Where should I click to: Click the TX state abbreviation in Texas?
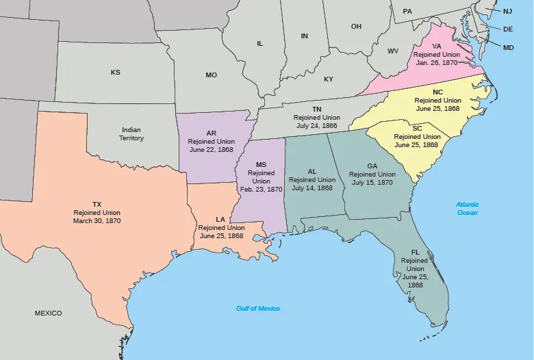[x=97, y=204]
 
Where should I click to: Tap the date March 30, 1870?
[x=97, y=221]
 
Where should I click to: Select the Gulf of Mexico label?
[x=258, y=309]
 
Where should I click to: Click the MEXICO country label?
[x=48, y=313]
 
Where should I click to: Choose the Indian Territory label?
[x=131, y=133]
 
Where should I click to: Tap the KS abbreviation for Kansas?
[x=115, y=72]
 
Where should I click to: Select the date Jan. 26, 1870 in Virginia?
[x=436, y=63]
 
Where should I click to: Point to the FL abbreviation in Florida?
[x=416, y=253]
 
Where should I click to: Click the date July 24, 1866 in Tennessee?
[x=317, y=126]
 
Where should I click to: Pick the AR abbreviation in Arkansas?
[x=212, y=133]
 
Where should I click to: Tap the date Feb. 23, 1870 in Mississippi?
[x=261, y=188]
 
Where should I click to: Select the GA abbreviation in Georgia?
[x=372, y=166]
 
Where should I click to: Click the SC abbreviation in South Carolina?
[x=417, y=128]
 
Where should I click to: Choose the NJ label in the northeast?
[x=507, y=12]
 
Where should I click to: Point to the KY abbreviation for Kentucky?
[x=329, y=79]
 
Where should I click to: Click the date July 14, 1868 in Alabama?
[x=311, y=188]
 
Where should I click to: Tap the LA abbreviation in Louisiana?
[x=220, y=219]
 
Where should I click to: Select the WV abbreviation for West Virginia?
[x=393, y=51]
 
